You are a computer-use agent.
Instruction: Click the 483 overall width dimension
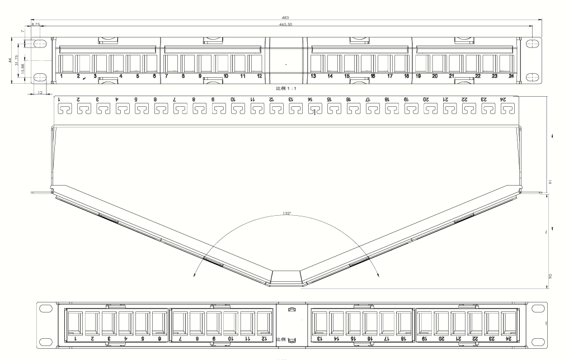[x=285, y=18]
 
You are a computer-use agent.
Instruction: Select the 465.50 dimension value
[x=285, y=25]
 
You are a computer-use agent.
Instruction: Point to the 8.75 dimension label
[x=35, y=25]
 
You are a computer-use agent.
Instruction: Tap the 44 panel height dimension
[x=10, y=59]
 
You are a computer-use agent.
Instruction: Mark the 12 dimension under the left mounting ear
[x=40, y=92]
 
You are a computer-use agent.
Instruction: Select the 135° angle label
[x=287, y=212]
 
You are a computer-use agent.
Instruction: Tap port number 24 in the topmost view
[x=511, y=76]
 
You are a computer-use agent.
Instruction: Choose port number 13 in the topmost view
[x=313, y=76]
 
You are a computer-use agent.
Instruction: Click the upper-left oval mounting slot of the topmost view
[x=41, y=43]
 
